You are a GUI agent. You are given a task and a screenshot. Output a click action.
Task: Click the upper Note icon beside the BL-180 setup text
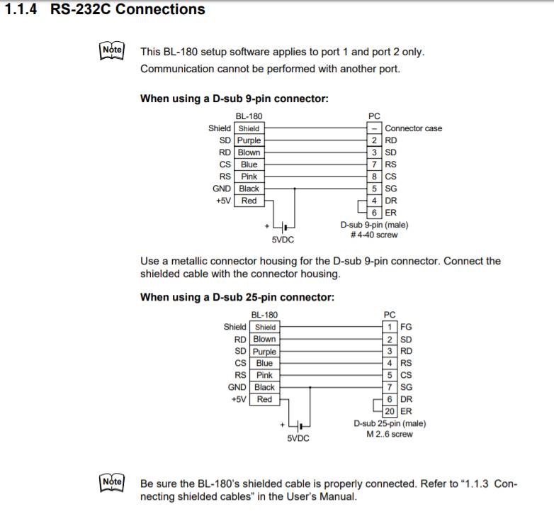(x=112, y=50)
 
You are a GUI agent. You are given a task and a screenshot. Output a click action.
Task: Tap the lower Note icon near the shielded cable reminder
(x=112, y=482)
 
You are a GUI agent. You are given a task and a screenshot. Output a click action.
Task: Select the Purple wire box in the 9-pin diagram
(x=249, y=140)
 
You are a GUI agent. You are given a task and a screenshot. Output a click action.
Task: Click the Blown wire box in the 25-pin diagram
(x=264, y=339)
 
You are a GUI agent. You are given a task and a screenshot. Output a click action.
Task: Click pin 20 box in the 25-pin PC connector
(x=390, y=411)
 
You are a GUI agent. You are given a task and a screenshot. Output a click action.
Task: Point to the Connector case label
(x=413, y=128)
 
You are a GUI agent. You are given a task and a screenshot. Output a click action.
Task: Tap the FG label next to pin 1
(x=406, y=327)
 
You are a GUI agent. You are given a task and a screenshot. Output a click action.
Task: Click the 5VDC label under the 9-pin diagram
(x=283, y=240)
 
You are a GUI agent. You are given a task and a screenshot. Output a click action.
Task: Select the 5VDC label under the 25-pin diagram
(x=298, y=439)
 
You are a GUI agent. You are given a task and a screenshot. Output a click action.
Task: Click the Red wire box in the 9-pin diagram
(x=249, y=201)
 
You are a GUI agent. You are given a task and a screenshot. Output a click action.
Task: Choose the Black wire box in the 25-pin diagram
(x=264, y=387)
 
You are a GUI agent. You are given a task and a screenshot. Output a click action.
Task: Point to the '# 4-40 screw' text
(x=374, y=235)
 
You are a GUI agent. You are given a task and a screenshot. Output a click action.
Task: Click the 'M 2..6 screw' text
(x=390, y=434)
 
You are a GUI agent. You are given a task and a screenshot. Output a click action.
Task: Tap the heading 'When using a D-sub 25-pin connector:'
(x=237, y=297)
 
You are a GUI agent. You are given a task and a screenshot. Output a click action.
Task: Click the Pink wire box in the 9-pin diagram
(x=249, y=177)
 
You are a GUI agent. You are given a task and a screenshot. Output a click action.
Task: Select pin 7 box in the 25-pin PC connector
(x=390, y=387)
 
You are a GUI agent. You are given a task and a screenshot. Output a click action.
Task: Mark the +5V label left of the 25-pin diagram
(x=238, y=399)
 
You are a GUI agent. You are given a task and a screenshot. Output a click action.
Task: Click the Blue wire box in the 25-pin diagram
(x=264, y=363)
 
